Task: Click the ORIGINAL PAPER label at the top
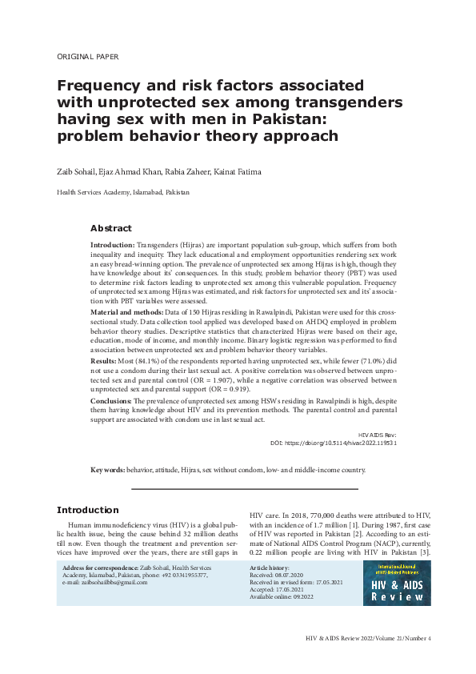coord(88,58)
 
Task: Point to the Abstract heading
coord(110,228)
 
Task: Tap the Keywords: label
coord(107,470)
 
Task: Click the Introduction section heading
coord(87,510)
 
